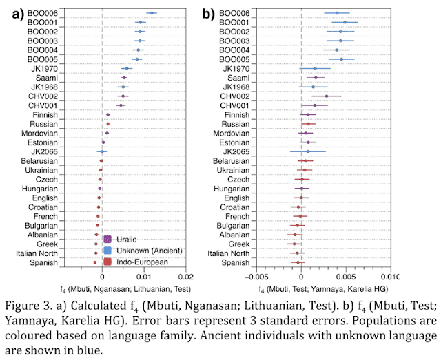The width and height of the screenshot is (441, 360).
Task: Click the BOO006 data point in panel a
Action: (x=151, y=13)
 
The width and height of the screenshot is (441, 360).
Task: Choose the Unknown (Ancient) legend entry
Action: (x=144, y=250)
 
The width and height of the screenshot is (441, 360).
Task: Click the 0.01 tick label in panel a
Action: (x=146, y=277)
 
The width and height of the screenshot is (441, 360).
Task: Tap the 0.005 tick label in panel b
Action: (x=345, y=277)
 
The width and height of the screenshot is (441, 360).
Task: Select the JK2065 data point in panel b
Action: (x=308, y=151)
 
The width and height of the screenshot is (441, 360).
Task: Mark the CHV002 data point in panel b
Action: (x=327, y=96)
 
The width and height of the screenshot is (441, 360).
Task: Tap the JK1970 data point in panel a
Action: (x=126, y=68)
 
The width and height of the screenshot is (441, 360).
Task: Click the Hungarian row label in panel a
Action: (x=42, y=189)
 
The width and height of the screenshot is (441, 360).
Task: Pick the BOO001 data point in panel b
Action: (x=345, y=22)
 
